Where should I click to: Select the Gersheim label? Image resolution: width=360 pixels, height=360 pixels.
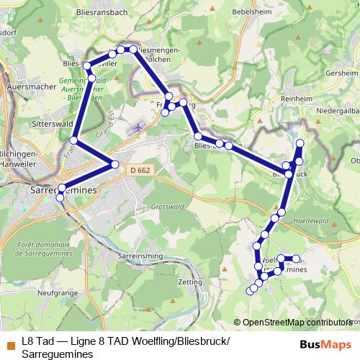341,73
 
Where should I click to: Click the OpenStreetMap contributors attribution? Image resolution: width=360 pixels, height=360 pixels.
296,322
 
